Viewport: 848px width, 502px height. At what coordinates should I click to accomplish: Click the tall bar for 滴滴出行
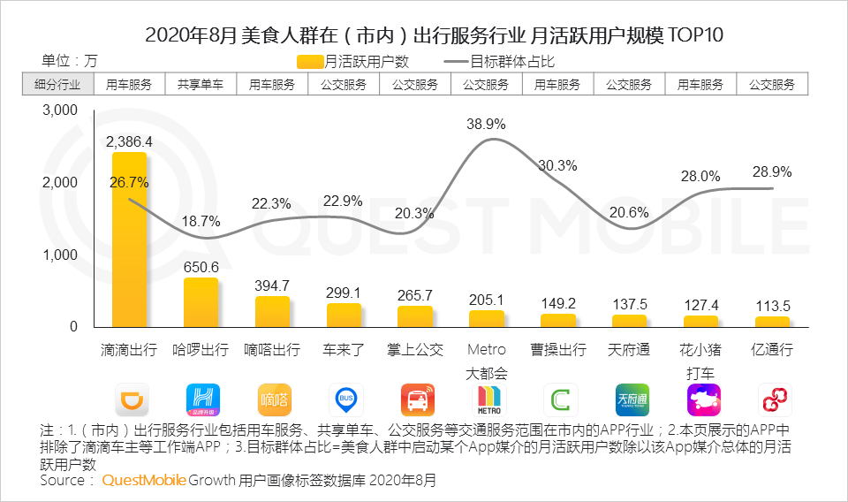pyautogui.click(x=129, y=240)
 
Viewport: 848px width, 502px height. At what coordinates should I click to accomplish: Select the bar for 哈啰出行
pyautogui.click(x=201, y=303)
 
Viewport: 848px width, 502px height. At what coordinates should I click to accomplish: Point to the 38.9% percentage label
pyautogui.click(x=486, y=125)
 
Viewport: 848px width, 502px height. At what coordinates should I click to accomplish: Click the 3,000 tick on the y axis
pyautogui.click(x=60, y=110)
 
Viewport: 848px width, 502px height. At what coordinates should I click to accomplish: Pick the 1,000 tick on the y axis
pyautogui.click(x=60, y=255)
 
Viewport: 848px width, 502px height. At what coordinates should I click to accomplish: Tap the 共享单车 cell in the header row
pyautogui.click(x=201, y=85)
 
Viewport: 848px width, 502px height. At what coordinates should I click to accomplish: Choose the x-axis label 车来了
pyautogui.click(x=344, y=350)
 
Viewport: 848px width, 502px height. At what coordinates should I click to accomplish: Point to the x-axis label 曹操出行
pyautogui.click(x=557, y=350)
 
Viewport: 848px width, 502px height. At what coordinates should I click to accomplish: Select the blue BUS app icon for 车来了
pyautogui.click(x=345, y=399)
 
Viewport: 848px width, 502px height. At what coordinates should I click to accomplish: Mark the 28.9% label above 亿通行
pyautogui.click(x=772, y=172)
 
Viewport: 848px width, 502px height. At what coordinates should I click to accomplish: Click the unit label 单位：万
pyautogui.click(x=70, y=61)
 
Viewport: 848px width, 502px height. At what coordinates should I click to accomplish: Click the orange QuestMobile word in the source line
pyautogui.click(x=144, y=481)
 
